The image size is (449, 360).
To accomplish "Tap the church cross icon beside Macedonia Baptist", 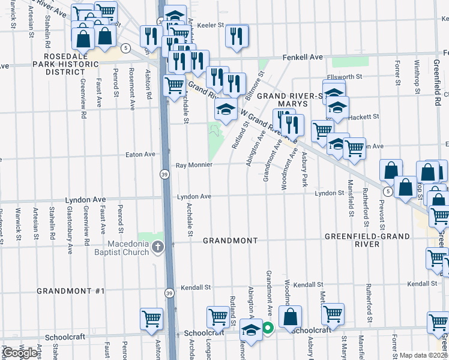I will point(157,247).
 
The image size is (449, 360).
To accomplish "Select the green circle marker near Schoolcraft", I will point(268,328).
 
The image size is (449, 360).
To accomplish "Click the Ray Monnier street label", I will point(194,165).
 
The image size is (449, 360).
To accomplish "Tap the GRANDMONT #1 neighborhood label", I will point(71,291).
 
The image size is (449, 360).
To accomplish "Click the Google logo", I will point(21,353).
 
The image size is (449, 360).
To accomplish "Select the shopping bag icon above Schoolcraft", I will point(290,317).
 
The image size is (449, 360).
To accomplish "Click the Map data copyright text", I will point(423,355).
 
